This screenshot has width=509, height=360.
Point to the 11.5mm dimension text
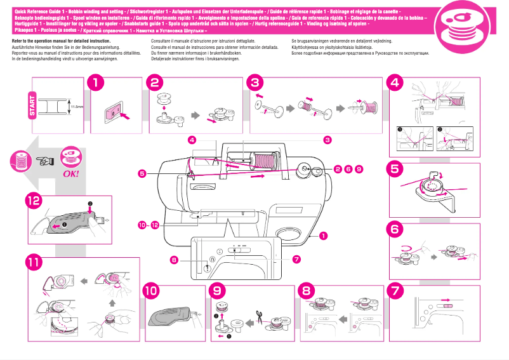(78, 107)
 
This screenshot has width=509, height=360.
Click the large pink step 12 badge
(34, 201)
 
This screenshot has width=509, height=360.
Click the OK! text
(70, 173)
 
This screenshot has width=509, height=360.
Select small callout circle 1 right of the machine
(324, 236)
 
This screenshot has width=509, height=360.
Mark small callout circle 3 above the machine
(327, 139)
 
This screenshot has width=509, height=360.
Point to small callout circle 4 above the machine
(192, 139)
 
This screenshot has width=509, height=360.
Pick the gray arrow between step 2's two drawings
(195, 116)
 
